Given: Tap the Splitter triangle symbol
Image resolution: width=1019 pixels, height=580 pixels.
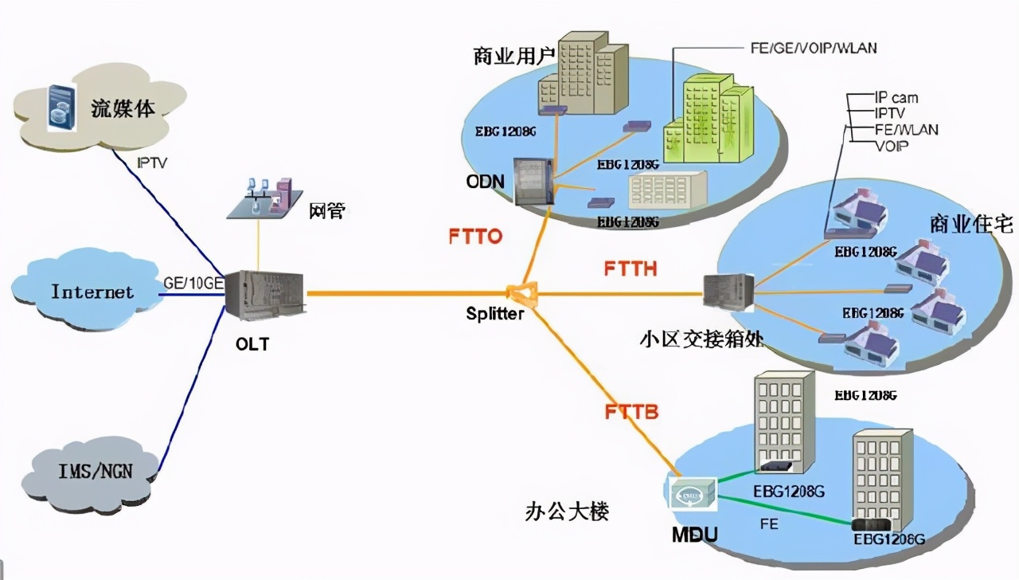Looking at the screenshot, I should (525, 294).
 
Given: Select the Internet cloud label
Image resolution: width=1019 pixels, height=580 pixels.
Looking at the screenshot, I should (92, 292).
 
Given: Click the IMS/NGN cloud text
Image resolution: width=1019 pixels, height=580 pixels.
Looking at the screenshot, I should (96, 471).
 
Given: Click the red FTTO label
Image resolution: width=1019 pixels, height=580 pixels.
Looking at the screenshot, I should (474, 237).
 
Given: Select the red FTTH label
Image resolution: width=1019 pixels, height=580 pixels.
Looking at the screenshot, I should (631, 268).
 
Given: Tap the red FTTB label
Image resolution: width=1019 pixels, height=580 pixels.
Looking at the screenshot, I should (631, 413).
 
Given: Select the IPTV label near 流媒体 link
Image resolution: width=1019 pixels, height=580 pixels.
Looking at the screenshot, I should (152, 163).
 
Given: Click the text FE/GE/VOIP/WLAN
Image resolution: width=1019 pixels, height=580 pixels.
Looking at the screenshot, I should (813, 48).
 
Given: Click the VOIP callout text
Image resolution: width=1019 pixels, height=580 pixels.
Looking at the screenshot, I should (892, 147).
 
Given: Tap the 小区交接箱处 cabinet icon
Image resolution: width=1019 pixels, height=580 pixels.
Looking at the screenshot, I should (728, 292).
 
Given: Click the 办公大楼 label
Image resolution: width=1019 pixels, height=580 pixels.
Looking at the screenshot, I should (567, 511).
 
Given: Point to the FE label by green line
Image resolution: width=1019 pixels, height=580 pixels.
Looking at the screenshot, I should (768, 524).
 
